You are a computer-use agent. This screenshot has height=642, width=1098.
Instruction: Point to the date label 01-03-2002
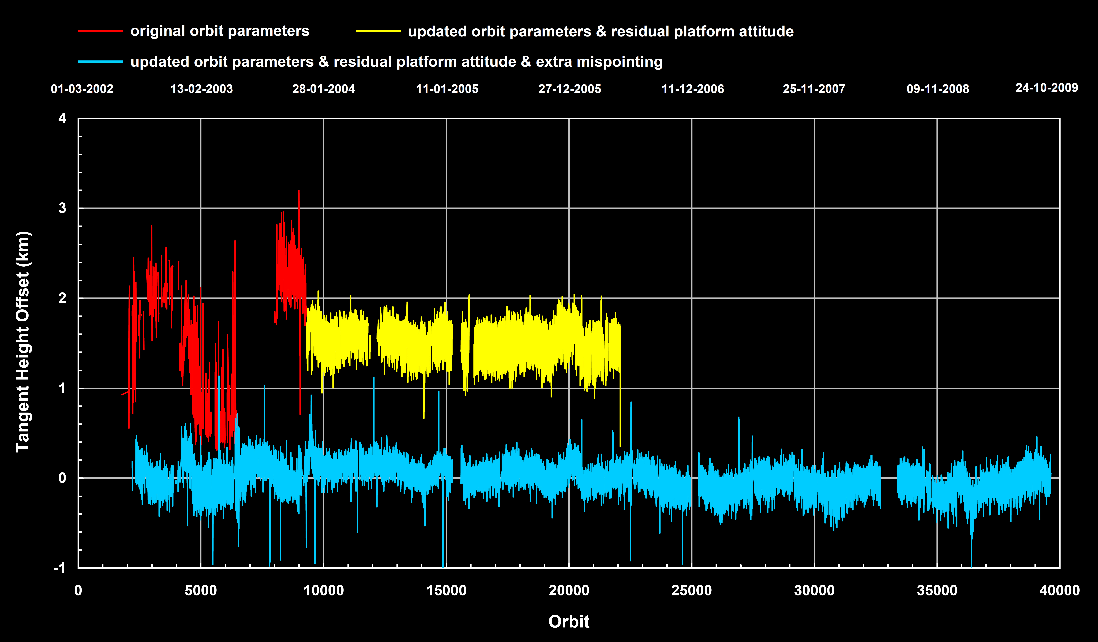click(82, 89)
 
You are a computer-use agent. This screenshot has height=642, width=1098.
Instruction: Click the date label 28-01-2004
click(323, 89)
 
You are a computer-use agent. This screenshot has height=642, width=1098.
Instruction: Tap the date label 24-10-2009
click(1047, 88)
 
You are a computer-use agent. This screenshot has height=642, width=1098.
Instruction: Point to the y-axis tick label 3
click(62, 208)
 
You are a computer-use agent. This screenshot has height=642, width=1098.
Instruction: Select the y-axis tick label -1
click(60, 568)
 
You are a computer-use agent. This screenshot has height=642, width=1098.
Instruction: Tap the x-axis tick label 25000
click(691, 591)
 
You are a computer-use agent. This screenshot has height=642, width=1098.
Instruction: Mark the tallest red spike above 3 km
click(298, 192)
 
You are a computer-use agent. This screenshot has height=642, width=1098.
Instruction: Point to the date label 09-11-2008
click(938, 89)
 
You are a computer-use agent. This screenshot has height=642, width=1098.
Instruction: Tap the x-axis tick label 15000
click(446, 591)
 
